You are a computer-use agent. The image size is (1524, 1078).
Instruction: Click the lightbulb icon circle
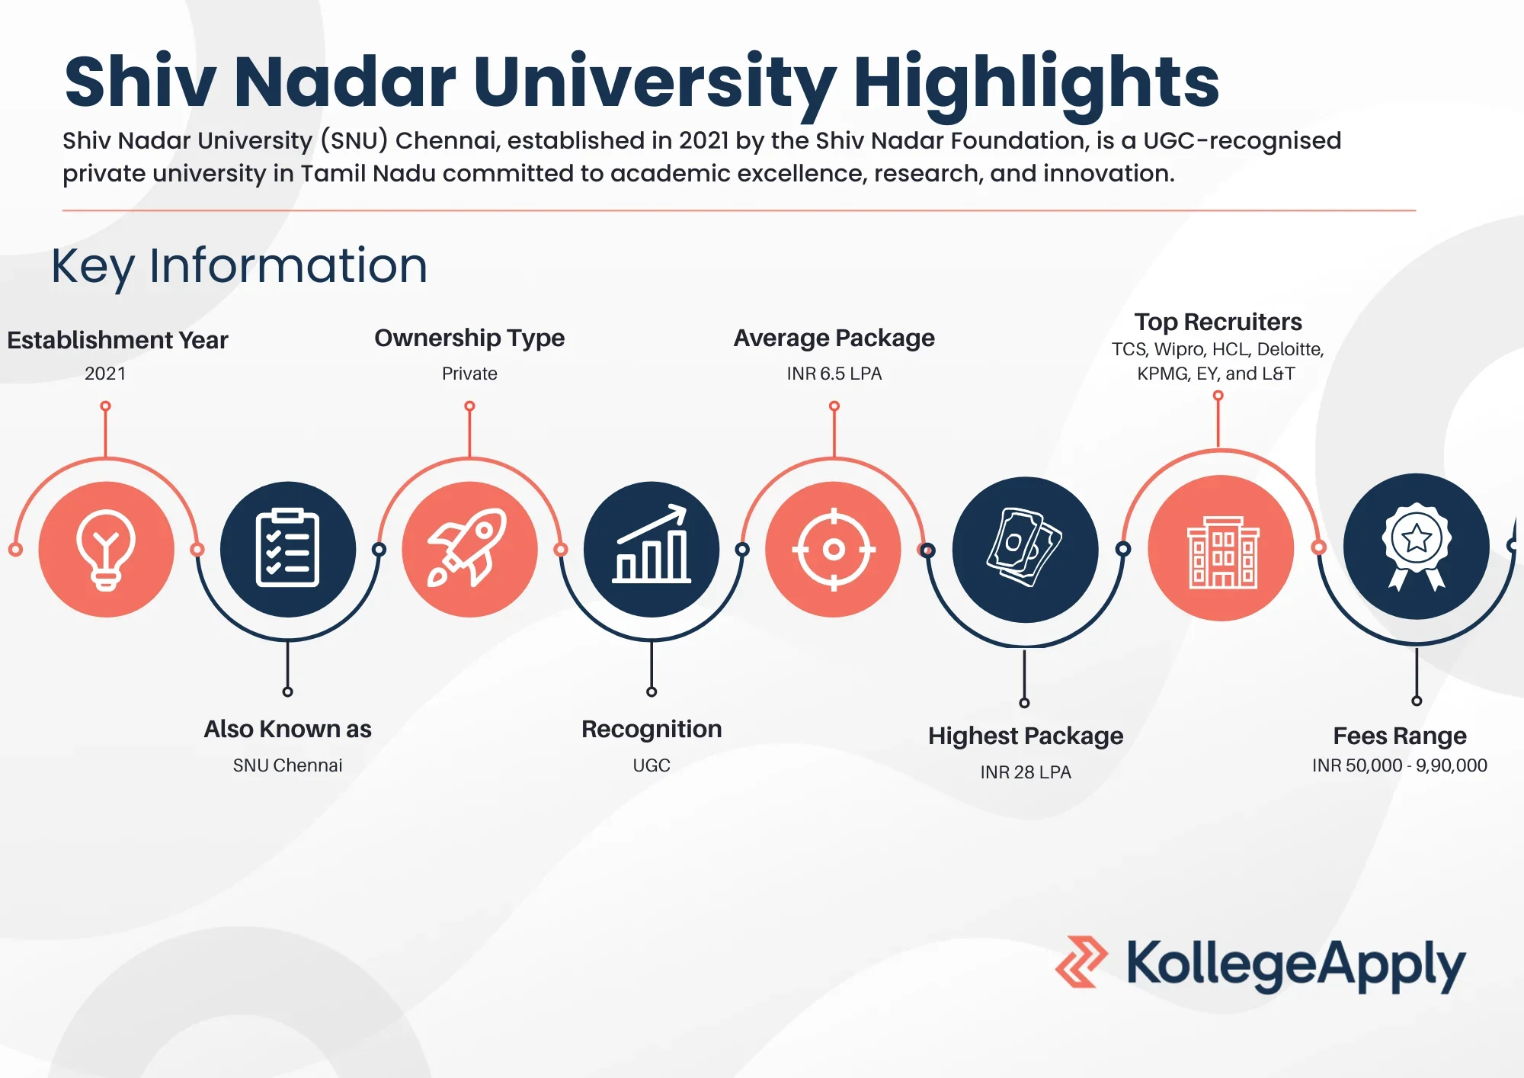coord(106,549)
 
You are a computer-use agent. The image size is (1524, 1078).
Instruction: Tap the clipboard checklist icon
coord(288,549)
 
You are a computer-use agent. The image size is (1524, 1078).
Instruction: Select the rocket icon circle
coord(469,549)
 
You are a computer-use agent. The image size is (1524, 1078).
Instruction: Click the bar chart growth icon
coord(652,549)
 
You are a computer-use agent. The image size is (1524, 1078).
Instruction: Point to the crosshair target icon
coord(834,549)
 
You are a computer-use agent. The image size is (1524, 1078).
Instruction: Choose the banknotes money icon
coord(1026,549)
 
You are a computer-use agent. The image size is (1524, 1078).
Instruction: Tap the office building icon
coord(1221,547)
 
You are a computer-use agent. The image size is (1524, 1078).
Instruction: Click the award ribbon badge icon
coord(1417,546)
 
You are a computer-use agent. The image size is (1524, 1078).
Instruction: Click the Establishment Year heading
coord(117,340)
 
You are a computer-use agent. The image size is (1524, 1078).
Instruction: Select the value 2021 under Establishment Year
coord(105,374)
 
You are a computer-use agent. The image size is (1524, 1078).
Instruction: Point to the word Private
coord(469,374)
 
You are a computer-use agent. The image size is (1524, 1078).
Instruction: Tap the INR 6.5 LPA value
coord(834,374)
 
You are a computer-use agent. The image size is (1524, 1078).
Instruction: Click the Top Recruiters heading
coord(1218,322)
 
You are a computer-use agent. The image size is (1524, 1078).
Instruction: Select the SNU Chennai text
coord(287,765)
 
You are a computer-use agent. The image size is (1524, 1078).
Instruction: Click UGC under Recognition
coord(652,765)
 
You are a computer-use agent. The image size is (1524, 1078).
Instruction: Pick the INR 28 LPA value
coord(1026,772)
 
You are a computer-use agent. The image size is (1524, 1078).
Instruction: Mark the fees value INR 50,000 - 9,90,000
coord(1400,765)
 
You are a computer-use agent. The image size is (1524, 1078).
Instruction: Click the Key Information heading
coord(239,266)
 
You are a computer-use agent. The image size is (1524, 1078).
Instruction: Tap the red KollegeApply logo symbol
coord(1081,961)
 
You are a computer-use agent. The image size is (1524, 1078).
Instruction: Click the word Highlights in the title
coord(1036,83)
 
